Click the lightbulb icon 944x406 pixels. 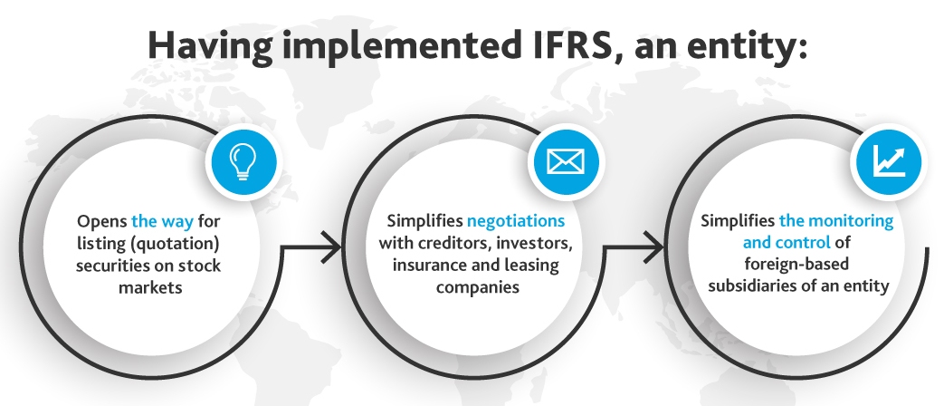[242, 161]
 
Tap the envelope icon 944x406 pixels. [566, 162]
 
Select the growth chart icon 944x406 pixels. [889, 161]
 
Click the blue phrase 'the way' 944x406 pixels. [162, 222]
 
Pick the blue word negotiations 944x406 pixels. [515, 221]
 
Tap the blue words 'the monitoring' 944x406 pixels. [835, 221]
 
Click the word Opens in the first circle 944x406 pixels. [101, 222]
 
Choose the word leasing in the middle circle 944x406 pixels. [529, 266]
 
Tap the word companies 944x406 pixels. [477, 287]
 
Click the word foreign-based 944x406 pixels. [796, 265]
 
